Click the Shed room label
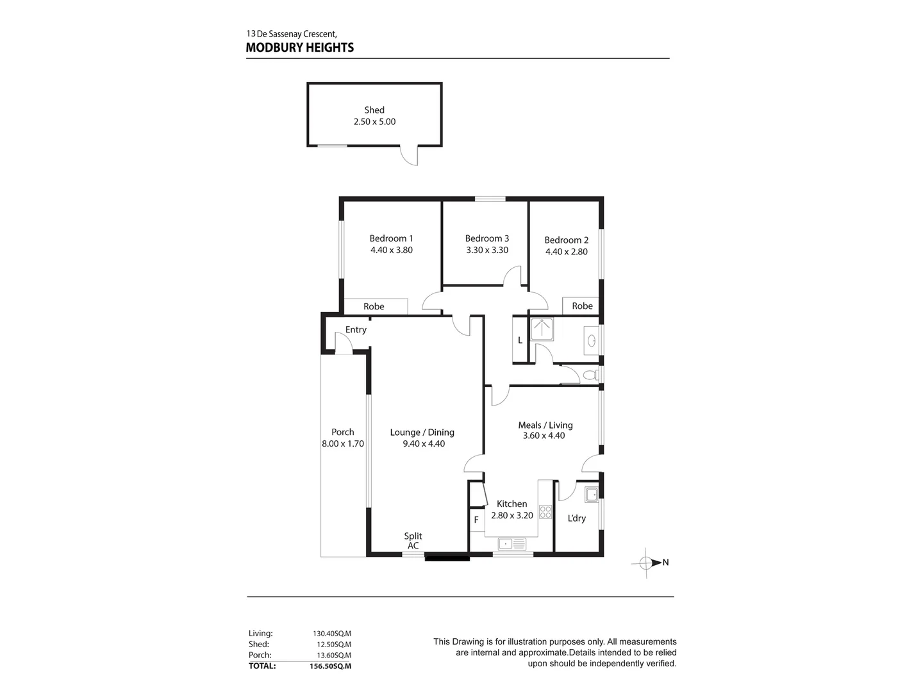pos(374,110)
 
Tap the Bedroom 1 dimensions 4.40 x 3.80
pos(391,251)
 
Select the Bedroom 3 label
pos(487,238)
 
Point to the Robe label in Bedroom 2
pos(582,306)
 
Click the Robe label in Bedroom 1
pos(374,307)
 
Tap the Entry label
pos(356,330)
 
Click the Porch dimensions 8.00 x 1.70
pos(343,443)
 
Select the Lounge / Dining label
pos(422,432)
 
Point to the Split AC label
pos(413,541)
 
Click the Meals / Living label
pos(545,425)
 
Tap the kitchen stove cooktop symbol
pos(545,511)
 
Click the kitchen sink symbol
pos(511,545)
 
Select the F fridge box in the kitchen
pos(476,520)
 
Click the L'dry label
pos(577,518)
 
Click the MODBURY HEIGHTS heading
pos(299,47)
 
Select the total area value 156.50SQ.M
pos(330,666)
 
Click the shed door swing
pos(410,156)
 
